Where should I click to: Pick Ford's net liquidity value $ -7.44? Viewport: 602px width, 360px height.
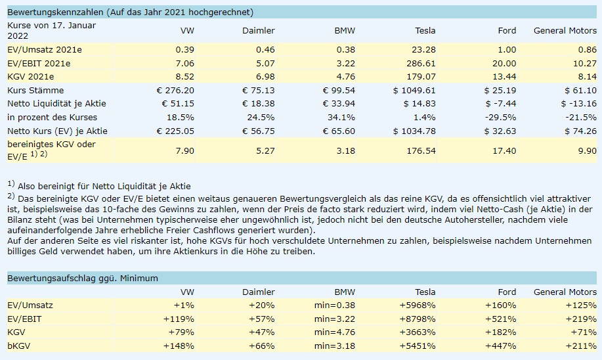(x=500, y=104)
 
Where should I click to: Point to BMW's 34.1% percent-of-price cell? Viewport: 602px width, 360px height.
(x=341, y=117)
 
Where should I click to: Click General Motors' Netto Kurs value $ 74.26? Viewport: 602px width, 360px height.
(x=578, y=131)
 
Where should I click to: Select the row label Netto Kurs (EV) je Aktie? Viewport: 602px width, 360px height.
(x=56, y=131)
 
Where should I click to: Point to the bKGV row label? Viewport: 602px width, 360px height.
(x=19, y=346)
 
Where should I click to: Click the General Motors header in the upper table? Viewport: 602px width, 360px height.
(x=565, y=30)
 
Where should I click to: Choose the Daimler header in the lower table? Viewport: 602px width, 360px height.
(x=259, y=292)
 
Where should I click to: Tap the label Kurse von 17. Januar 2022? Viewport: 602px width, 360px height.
(x=51, y=30)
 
